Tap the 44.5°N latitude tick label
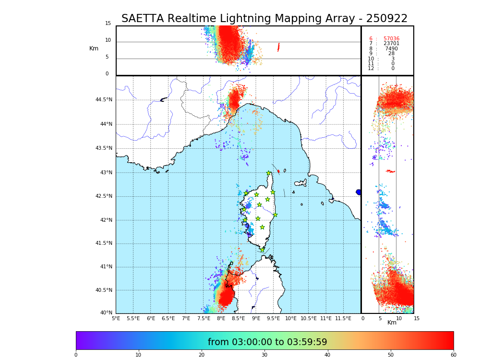click(x=104, y=100)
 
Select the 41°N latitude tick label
click(x=105, y=267)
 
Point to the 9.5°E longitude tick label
click(x=274, y=318)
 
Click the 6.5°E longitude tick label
click(x=168, y=318)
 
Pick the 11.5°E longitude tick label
click(x=343, y=318)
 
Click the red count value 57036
click(x=391, y=39)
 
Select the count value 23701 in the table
click(x=391, y=44)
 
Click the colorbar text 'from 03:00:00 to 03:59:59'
click(x=267, y=342)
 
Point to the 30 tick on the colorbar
click(x=264, y=355)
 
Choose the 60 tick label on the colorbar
click(x=453, y=355)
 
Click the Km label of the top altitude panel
click(x=94, y=48)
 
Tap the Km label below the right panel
click(x=392, y=323)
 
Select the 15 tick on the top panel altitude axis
click(x=108, y=24)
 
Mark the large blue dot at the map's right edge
click(x=359, y=192)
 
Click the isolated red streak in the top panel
click(x=278, y=47)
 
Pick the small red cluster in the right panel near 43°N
click(x=390, y=171)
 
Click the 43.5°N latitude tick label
click(x=104, y=148)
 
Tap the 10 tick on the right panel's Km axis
click(x=396, y=318)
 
